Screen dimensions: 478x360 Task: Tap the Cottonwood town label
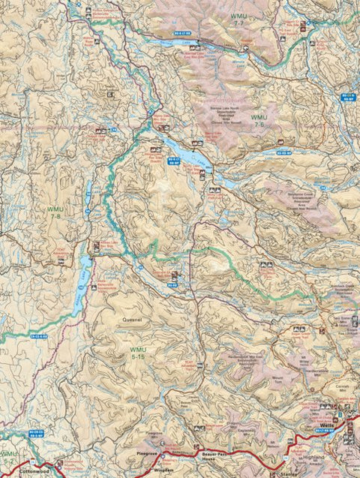pos(31,471)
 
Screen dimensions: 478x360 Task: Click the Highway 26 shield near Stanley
pos(286,458)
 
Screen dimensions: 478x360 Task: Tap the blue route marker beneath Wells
pos(323,432)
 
